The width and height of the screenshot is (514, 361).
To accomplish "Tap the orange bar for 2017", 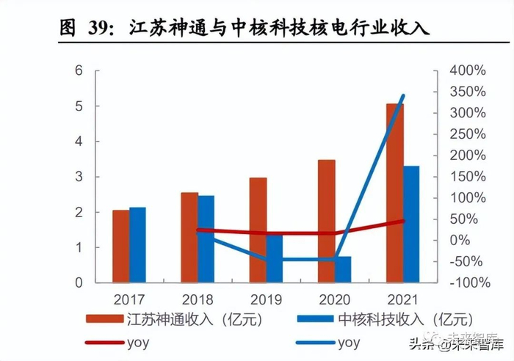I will coord(121,246).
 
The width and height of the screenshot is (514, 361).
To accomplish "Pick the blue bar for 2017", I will coord(137,244).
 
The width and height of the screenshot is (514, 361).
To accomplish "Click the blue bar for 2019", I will coord(274,258).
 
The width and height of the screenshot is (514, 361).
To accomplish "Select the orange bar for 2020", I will coord(327,220).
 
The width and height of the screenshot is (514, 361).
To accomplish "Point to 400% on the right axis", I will coord(466,71).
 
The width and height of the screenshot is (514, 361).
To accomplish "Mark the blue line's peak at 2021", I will coord(403,96).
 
